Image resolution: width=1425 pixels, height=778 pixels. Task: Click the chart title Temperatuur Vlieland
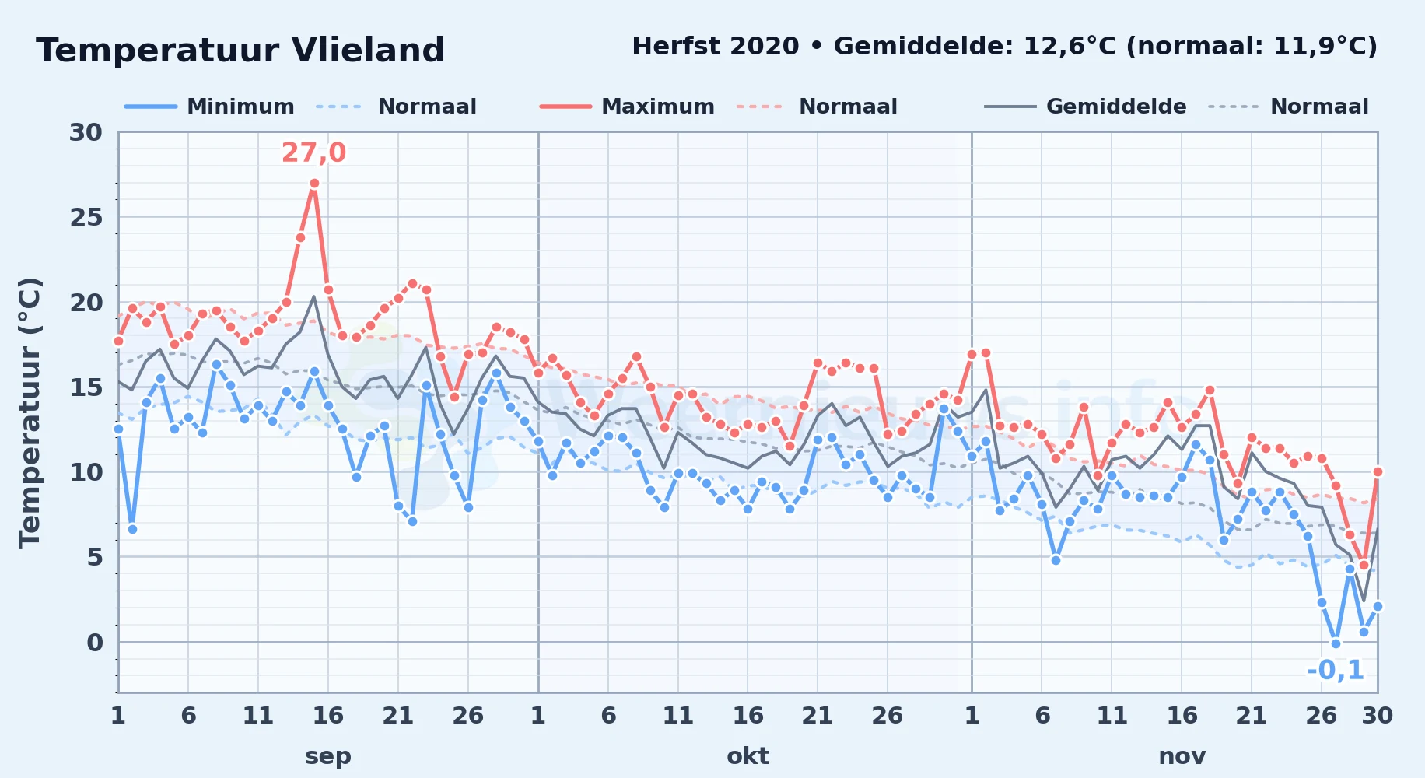coord(240,51)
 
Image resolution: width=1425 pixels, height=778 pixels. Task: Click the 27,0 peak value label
coord(313,152)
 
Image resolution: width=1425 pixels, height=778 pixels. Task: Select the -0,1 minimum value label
coord(1336,670)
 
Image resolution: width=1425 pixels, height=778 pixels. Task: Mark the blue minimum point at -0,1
coord(1336,643)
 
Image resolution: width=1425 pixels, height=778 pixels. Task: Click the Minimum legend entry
coord(210,107)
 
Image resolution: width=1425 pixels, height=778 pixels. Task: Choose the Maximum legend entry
coord(627,107)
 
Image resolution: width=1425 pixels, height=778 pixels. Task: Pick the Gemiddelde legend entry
coord(1085,107)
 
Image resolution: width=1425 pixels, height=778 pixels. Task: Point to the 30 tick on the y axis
coord(86,132)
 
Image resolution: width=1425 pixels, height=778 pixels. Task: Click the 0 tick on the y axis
coord(94,643)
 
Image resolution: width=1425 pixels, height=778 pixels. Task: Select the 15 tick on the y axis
coord(86,387)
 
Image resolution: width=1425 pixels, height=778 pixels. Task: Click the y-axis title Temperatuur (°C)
coord(30,412)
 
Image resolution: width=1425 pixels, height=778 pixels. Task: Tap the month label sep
coord(328,755)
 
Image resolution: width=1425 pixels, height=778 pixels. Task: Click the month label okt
coord(748,755)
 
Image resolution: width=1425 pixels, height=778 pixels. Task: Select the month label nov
coord(1182,755)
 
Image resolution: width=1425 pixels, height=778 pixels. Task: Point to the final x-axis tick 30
coord(1377,715)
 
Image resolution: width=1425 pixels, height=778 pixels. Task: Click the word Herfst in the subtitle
coord(673,47)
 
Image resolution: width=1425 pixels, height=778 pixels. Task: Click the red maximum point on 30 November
coord(1378,471)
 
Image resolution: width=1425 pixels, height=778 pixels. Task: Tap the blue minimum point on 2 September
coord(132,529)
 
